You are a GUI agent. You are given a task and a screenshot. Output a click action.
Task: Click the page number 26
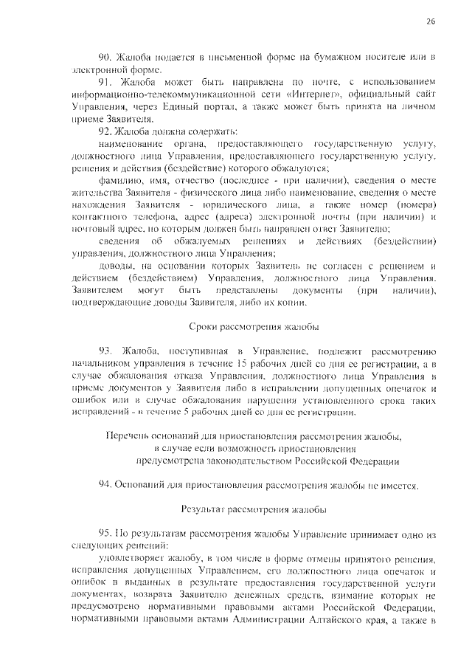point(431,22)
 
